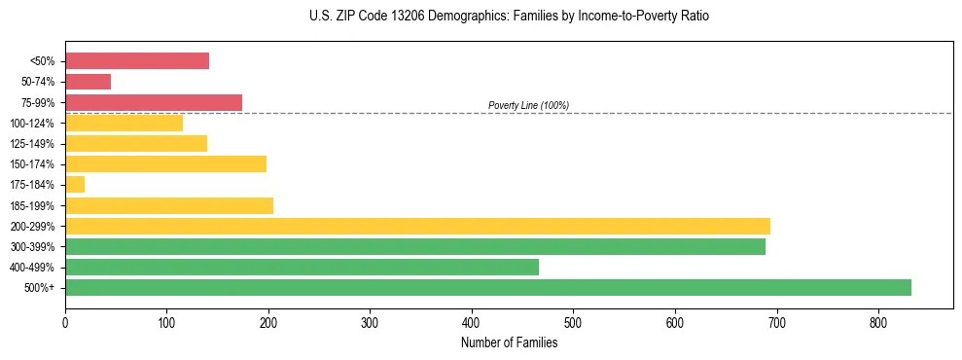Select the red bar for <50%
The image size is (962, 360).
point(136,60)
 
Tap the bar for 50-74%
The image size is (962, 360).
point(88,82)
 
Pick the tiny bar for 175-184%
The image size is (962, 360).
point(75,184)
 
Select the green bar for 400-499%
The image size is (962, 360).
point(302,267)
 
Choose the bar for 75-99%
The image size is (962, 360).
point(153,102)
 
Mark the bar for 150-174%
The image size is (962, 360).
point(165,163)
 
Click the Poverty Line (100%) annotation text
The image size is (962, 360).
point(528,105)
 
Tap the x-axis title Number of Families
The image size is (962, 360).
point(509,342)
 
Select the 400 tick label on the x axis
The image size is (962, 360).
point(472,323)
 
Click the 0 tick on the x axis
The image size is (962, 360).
point(65,323)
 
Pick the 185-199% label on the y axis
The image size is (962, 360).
point(33,205)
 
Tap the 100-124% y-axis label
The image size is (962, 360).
point(33,124)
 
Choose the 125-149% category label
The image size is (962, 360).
point(33,144)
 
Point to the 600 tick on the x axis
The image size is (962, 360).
point(675,323)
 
